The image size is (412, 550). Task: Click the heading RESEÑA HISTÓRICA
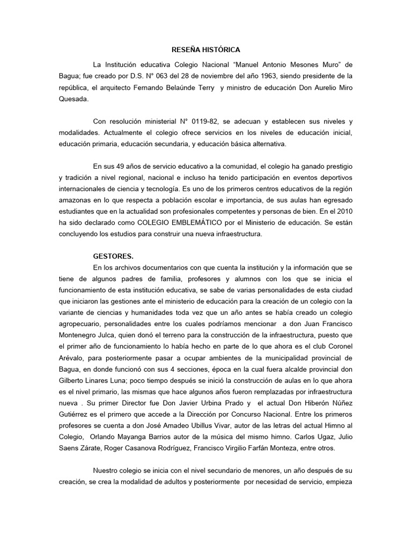pos(206,49)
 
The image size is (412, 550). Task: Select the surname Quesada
pos(76,98)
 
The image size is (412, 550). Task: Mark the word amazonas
pos(76,200)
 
